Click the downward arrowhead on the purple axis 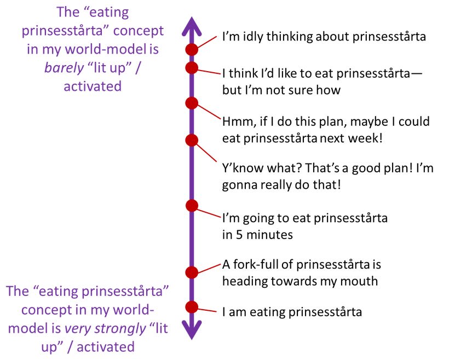pos(192,330)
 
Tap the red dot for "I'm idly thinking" pos(192,49)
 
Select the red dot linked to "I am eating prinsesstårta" pos(192,307)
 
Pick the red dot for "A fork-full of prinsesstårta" pos(192,272)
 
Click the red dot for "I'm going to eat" pos(192,206)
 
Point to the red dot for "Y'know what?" pos(192,140)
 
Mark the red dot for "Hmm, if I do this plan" pos(192,103)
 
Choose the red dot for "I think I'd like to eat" pos(192,68)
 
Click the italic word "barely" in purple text pos(64,68)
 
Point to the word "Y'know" pos(242,168)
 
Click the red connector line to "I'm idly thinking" pos(207,42)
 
